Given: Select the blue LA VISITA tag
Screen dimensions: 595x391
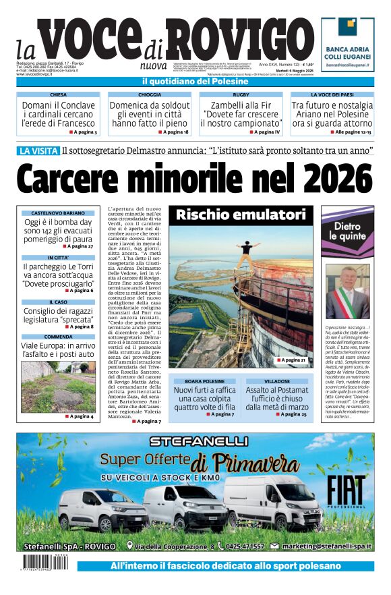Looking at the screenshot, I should tap(38, 151).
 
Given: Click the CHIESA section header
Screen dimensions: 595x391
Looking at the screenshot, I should tap(58, 95).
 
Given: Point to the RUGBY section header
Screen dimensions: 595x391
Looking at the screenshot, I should tap(241, 95).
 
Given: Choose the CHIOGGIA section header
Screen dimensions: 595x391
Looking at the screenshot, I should tap(149, 95).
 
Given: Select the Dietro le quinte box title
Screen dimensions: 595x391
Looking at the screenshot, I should tap(347, 231).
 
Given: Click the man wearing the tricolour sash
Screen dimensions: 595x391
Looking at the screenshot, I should tap(349, 291).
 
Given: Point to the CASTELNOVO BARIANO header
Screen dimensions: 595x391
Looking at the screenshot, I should tap(57, 213).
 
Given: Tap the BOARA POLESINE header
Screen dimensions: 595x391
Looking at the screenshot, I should tap(204, 381).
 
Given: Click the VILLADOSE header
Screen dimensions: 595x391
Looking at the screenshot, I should tap(276, 381).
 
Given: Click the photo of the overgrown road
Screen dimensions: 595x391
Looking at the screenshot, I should tap(57, 384).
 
